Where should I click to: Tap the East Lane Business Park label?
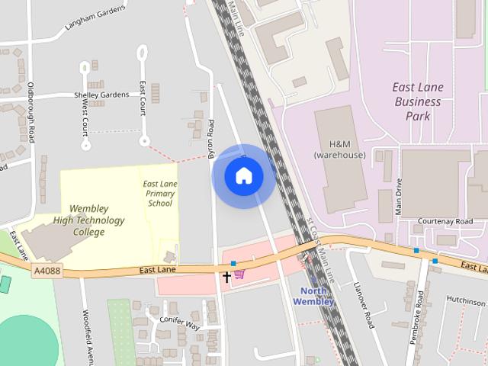point(418,101)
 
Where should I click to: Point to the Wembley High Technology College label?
point(89,220)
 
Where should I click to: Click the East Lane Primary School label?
point(160,194)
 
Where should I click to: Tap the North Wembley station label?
point(313,296)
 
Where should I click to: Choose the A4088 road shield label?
point(47,270)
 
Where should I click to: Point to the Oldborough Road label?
point(31,112)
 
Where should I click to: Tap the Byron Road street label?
point(211,139)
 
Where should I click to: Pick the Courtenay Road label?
point(445,221)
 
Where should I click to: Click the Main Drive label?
point(398,197)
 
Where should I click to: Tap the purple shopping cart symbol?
point(239,274)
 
